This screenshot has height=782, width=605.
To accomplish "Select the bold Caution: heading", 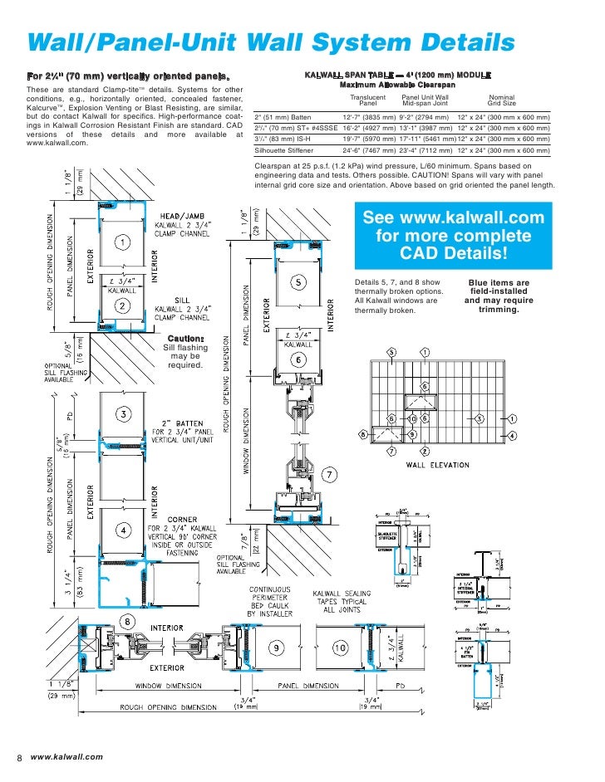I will (x=186, y=339).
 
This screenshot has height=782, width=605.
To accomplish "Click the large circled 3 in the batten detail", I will (x=122, y=413).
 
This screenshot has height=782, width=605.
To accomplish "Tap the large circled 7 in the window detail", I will (x=329, y=475).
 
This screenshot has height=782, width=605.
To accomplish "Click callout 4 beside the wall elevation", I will (x=513, y=435).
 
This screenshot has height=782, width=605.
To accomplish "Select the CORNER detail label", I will (x=182, y=520).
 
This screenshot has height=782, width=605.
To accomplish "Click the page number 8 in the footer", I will (x=19, y=756).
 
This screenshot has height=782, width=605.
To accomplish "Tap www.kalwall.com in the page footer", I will (x=66, y=756).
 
